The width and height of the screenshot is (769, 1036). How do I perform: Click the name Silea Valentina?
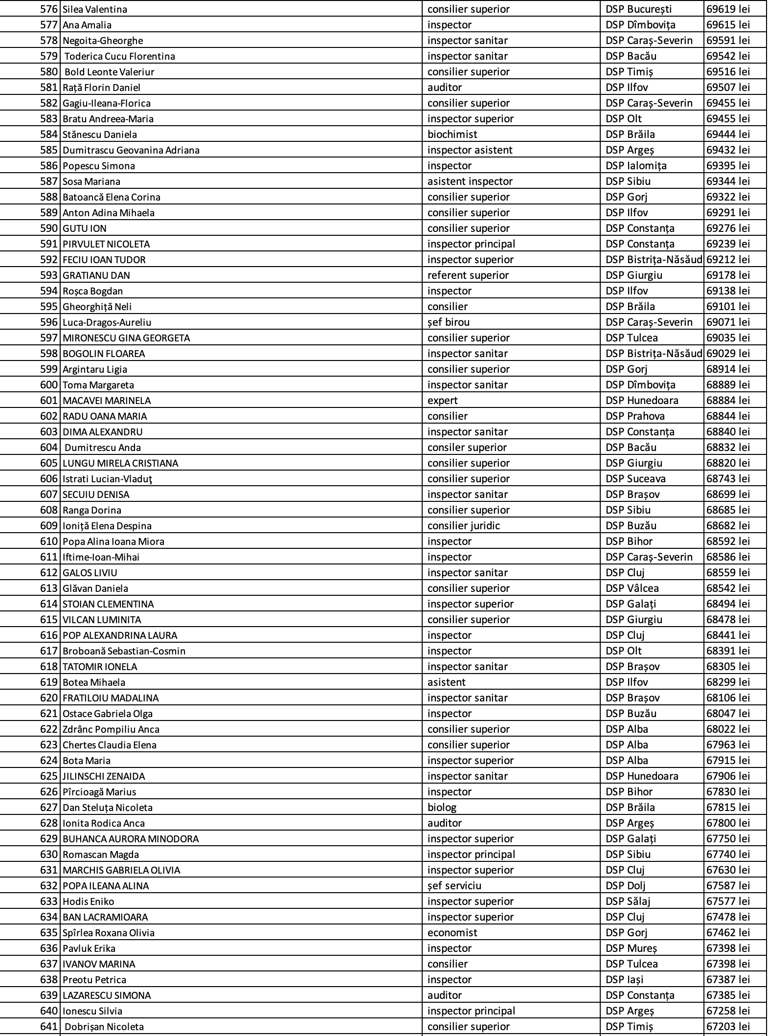point(94,9)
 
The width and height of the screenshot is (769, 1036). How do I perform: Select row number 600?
point(49,385)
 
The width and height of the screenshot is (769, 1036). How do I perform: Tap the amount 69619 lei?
point(727,9)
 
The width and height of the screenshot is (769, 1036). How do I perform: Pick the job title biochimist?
point(452,135)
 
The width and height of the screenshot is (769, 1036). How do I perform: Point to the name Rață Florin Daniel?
point(101,88)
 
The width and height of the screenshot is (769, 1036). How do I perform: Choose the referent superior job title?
point(468,275)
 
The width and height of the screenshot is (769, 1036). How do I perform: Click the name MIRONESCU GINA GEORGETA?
point(126,338)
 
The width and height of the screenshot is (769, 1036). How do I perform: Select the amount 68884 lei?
point(727,401)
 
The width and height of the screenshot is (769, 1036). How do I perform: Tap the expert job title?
point(442,401)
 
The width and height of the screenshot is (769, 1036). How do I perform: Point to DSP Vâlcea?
point(632,588)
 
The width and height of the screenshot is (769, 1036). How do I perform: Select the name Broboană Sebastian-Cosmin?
point(124,651)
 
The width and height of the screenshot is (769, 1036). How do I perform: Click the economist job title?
point(452,933)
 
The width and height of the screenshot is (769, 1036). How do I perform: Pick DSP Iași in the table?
point(624,980)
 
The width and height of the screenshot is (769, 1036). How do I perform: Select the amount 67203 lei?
point(727,1027)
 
